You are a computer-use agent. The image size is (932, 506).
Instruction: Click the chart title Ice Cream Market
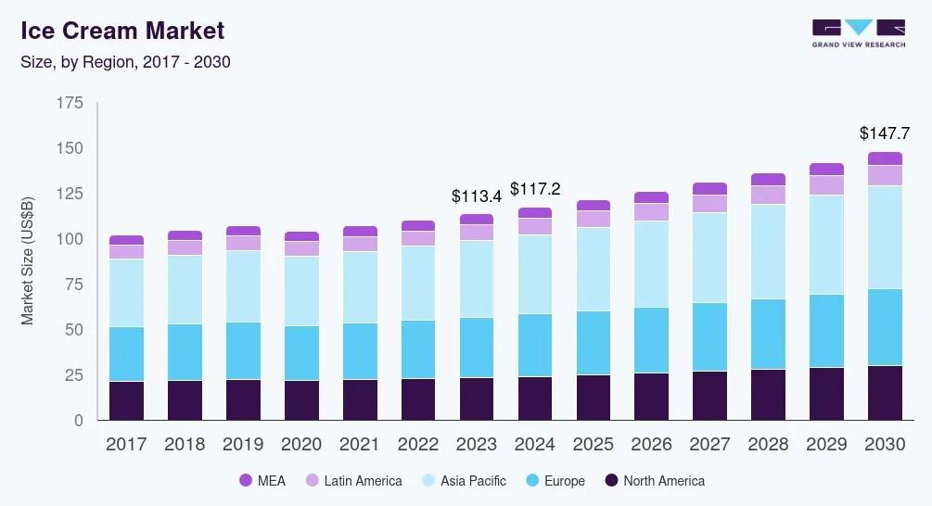(122, 31)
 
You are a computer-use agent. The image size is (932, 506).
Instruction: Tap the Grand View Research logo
(858, 33)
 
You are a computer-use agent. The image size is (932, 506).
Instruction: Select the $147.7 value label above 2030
(885, 133)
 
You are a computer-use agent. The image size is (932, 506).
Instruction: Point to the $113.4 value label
(476, 196)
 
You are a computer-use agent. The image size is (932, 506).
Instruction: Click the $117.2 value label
(534, 189)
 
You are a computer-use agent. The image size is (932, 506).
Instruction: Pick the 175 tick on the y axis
(70, 103)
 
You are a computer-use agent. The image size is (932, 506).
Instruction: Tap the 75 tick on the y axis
(73, 285)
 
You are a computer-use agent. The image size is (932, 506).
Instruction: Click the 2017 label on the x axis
(126, 445)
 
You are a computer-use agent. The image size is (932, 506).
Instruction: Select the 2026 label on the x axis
(651, 445)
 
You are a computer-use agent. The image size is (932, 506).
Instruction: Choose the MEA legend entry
(264, 481)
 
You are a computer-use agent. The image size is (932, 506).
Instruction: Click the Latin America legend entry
(353, 481)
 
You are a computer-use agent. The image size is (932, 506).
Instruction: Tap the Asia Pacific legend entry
(463, 481)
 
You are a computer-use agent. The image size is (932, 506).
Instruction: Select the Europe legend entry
(555, 481)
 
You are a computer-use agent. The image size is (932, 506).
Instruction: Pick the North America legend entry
(655, 481)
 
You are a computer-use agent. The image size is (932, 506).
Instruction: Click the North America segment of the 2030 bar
(885, 393)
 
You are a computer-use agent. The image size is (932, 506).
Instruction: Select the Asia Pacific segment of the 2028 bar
(768, 251)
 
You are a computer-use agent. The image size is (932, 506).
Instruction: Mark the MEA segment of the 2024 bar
(534, 213)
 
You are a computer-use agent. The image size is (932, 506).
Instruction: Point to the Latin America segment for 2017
(126, 251)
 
